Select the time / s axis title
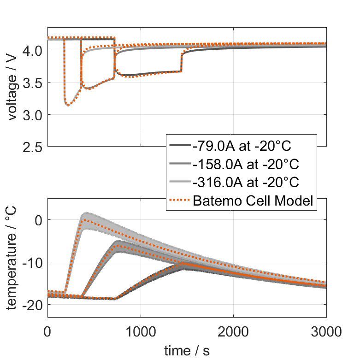pyautogui.click(x=187, y=351)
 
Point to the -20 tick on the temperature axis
pyautogui.click(x=32, y=305)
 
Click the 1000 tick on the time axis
pyautogui.click(x=141, y=332)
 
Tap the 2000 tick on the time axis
pyautogui.click(x=233, y=332)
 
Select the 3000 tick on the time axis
pyautogui.click(x=326, y=332)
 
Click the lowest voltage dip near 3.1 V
pyautogui.click(x=68, y=105)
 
